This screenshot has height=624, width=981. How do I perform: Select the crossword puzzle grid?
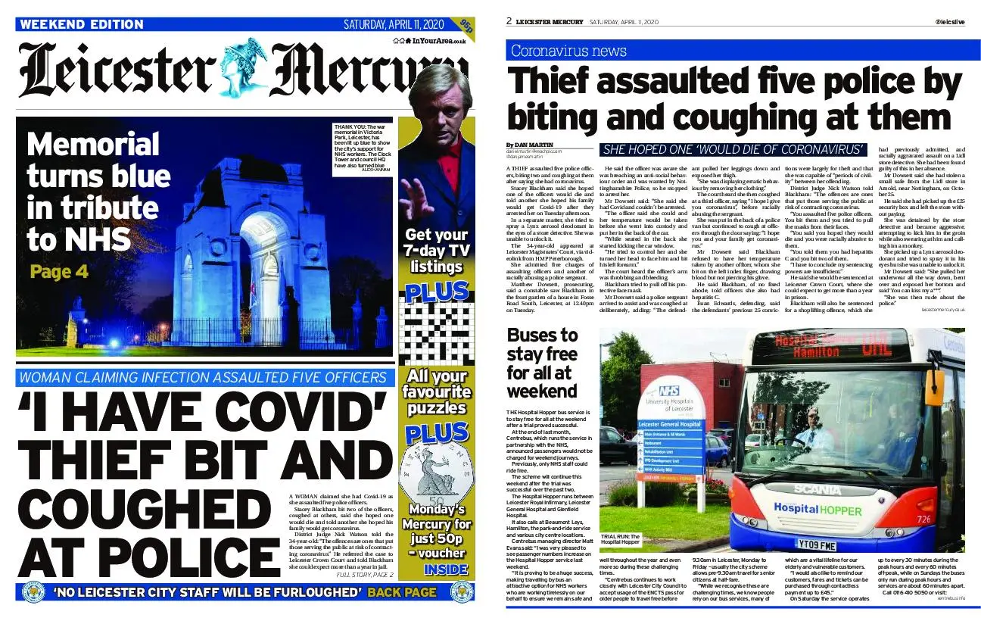(x=436, y=333)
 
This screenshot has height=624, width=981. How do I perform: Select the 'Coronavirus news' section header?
(x=568, y=51)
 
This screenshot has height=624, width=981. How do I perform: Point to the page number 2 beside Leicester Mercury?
(x=509, y=21)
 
